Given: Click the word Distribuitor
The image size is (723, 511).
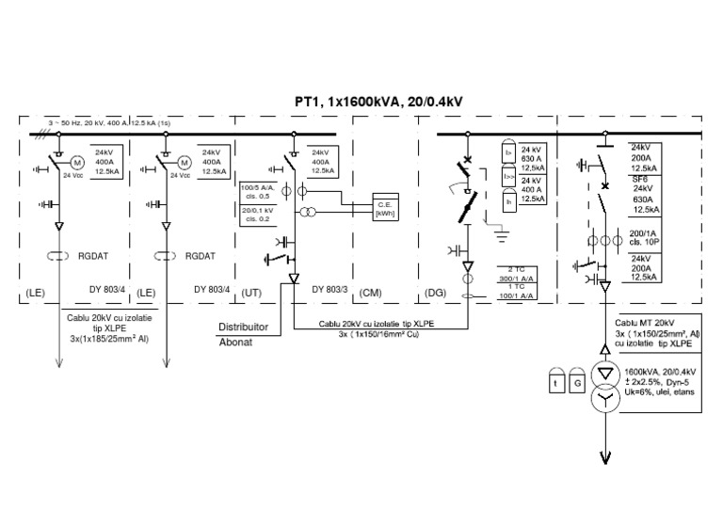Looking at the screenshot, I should click(244, 327).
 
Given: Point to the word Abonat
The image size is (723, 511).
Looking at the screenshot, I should click(235, 343).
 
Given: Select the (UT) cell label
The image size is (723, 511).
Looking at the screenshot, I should click(251, 294).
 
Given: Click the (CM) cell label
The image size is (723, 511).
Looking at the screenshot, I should click(372, 294).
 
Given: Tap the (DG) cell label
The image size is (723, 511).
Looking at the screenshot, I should click(436, 294).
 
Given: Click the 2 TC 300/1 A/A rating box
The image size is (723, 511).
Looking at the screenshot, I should click(517, 275).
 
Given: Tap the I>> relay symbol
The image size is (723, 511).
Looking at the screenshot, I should click(509, 176).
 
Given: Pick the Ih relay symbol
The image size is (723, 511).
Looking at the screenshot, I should click(509, 200).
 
